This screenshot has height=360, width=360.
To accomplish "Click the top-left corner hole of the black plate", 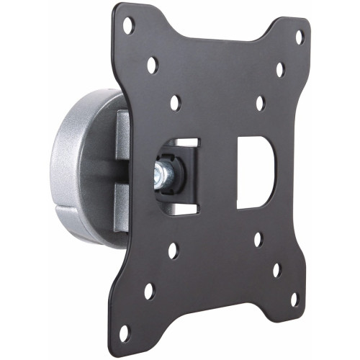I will point(127,25).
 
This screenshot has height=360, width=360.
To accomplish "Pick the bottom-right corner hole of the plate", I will point(294,298).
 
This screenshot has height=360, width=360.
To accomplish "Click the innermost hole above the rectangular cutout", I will point(260,103).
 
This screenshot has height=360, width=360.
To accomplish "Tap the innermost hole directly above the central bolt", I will point(175,102).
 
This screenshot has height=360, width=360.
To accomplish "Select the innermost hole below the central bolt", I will point(173,251).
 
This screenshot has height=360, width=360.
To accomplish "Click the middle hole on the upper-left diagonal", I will point(152,65).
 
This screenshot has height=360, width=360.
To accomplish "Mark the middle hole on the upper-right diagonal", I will point(279,69).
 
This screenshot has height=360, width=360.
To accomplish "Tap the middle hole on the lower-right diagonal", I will point(276,270).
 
